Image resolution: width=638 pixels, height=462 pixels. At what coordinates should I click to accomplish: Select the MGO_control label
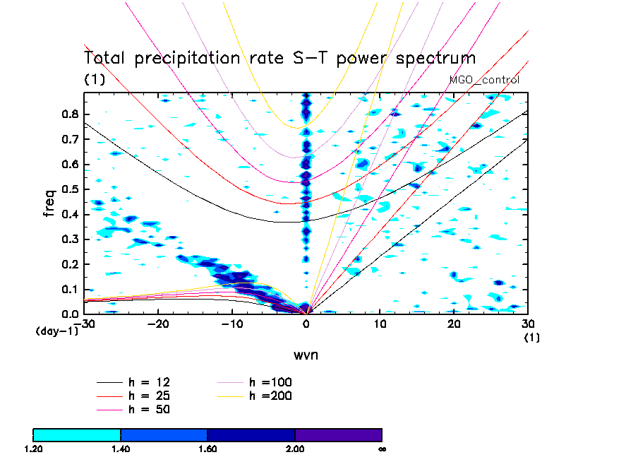(x=484, y=80)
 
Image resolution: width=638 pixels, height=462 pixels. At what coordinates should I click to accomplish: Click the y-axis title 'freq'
(x=49, y=200)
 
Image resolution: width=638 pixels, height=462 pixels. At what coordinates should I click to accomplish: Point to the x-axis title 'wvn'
(x=306, y=355)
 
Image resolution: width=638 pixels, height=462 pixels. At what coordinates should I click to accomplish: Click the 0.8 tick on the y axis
(x=68, y=114)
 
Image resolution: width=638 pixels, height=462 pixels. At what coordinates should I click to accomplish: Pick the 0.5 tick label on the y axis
(x=68, y=189)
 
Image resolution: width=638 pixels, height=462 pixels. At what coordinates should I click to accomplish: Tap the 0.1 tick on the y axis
(x=68, y=289)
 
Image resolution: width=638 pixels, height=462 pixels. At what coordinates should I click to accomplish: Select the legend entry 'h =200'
(x=270, y=396)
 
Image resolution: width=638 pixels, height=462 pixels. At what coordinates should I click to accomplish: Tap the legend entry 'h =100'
(x=270, y=382)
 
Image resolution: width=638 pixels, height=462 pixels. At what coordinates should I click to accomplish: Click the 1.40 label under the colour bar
(x=120, y=449)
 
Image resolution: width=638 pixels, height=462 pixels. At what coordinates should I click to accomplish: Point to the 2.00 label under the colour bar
(x=295, y=449)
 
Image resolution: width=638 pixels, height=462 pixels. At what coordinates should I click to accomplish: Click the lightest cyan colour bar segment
(x=77, y=434)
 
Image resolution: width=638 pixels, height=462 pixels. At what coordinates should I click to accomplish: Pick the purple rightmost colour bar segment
(x=338, y=434)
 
